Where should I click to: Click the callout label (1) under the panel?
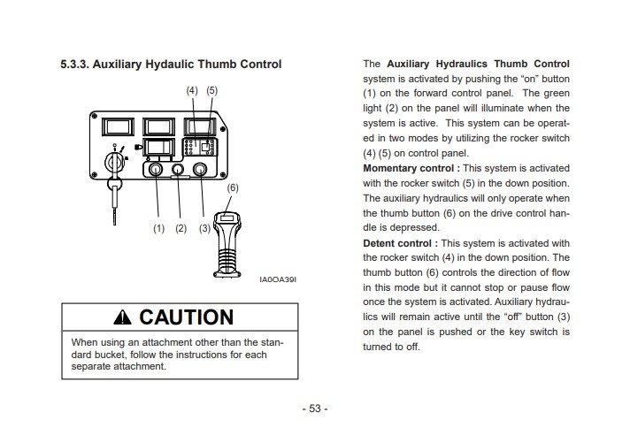coord(159,228)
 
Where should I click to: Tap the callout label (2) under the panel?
coord(181,228)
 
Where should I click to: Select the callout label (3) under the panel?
coord(205,228)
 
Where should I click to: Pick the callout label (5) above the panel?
coord(211,91)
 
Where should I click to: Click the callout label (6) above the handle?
coord(233,188)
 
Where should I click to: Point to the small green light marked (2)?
coord(181,167)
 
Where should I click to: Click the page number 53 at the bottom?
coord(315,409)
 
